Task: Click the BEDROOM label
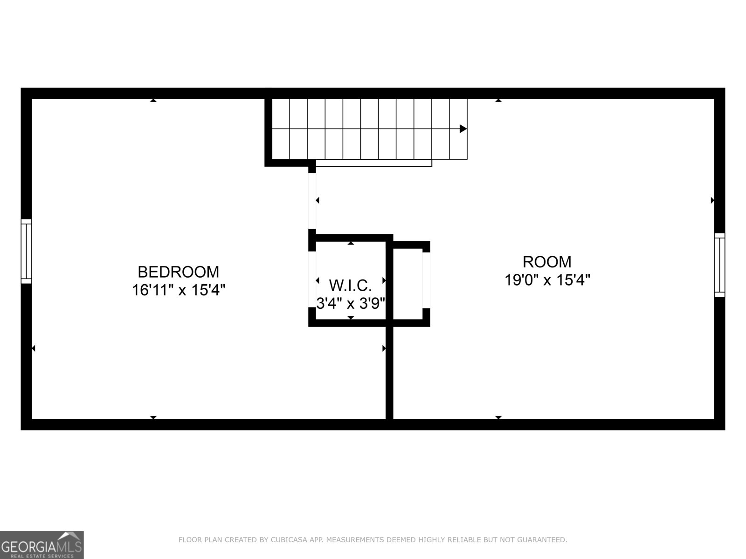pyautogui.click(x=178, y=272)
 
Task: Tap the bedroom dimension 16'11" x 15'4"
pyautogui.click(x=178, y=290)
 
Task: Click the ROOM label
pyautogui.click(x=547, y=262)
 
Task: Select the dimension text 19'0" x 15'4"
pyautogui.click(x=547, y=280)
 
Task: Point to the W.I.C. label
pyautogui.click(x=350, y=285)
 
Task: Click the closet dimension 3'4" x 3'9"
pyautogui.click(x=351, y=304)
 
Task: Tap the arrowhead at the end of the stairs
pyautogui.click(x=463, y=129)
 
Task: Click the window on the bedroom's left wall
pyautogui.click(x=27, y=251)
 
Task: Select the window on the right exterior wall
pyautogui.click(x=719, y=265)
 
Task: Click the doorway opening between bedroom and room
pyautogui.click(x=312, y=201)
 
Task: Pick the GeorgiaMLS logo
pyautogui.click(x=41, y=545)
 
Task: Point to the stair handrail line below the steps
pyautogui.click(x=373, y=163)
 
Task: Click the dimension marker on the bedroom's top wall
pyautogui.click(x=153, y=100)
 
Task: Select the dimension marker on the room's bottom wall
pyautogui.click(x=498, y=417)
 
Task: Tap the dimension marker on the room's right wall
pyautogui.click(x=712, y=201)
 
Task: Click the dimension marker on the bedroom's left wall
pyautogui.click(x=34, y=348)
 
